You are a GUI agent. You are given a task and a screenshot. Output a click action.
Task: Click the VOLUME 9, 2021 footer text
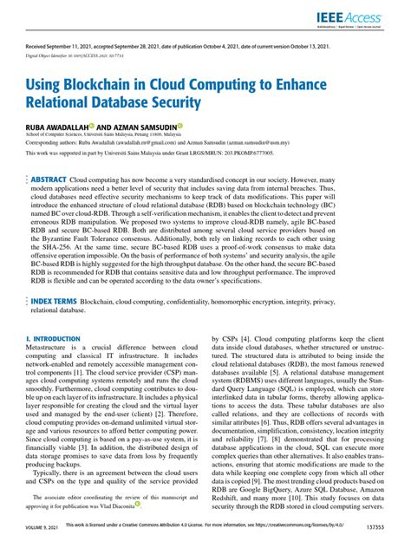[x=43, y=538]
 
